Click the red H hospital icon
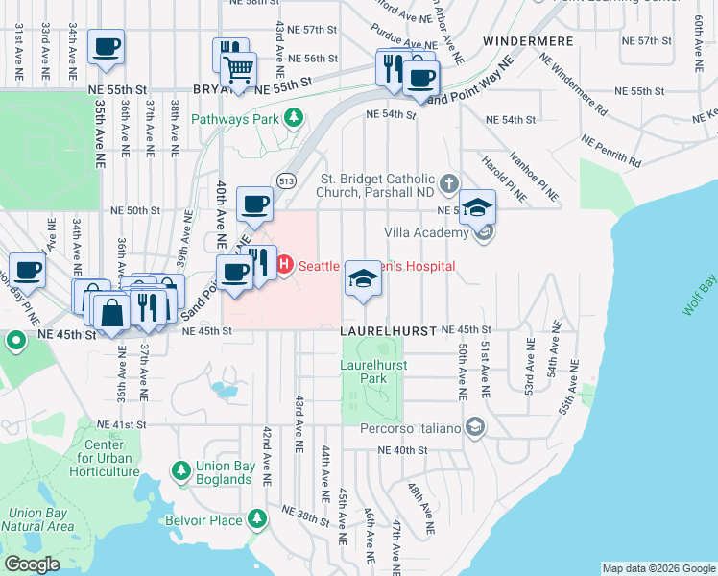coord(284,264)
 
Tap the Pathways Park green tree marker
coord(295,119)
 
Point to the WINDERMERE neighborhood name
coord(528,42)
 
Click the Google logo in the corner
coord(32,564)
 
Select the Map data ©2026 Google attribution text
coord(658,568)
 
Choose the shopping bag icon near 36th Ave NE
coord(111,311)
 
